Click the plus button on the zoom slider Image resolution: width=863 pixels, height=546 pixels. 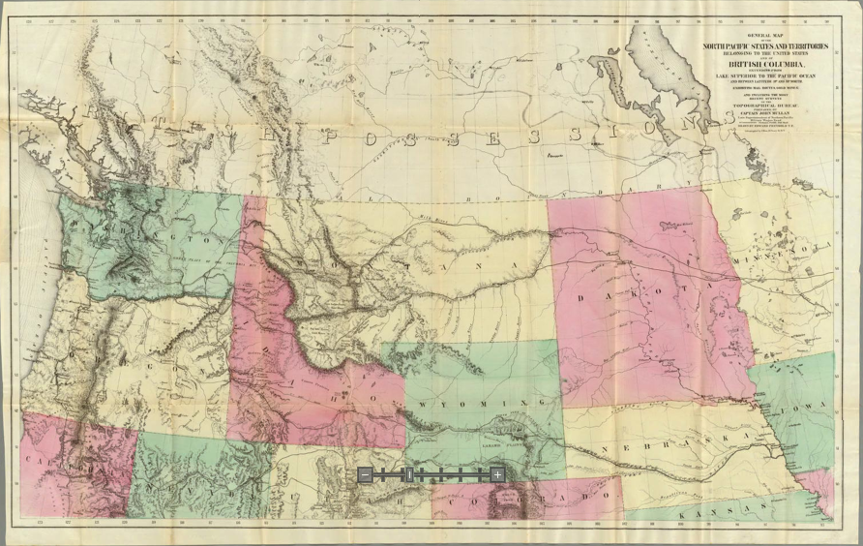point(496,474)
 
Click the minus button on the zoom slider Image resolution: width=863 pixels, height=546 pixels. point(365,474)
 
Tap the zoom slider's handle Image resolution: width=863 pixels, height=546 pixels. point(409,474)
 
